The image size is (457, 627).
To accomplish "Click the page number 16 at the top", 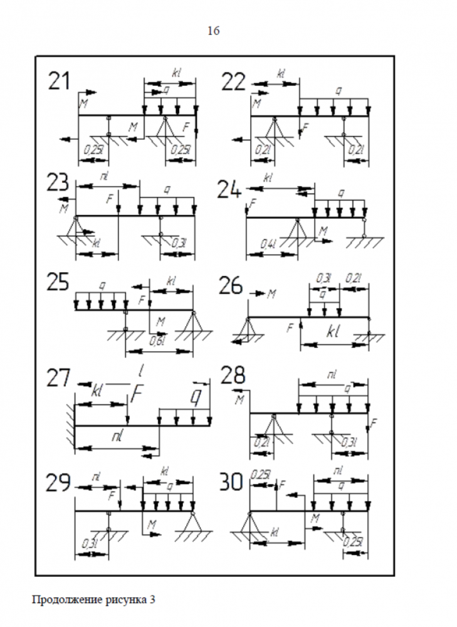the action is (214, 31).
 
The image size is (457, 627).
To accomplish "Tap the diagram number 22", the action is (234, 82).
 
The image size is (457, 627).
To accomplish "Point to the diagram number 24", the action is (230, 189).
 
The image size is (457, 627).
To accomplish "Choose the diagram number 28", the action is (232, 376).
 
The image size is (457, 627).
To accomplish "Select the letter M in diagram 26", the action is (271, 293).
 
